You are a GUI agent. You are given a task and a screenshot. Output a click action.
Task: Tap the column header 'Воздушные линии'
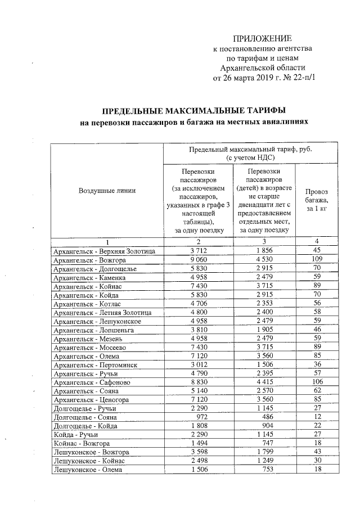tap(107, 191)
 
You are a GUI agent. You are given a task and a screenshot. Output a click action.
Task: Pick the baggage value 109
tap(317, 260)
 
